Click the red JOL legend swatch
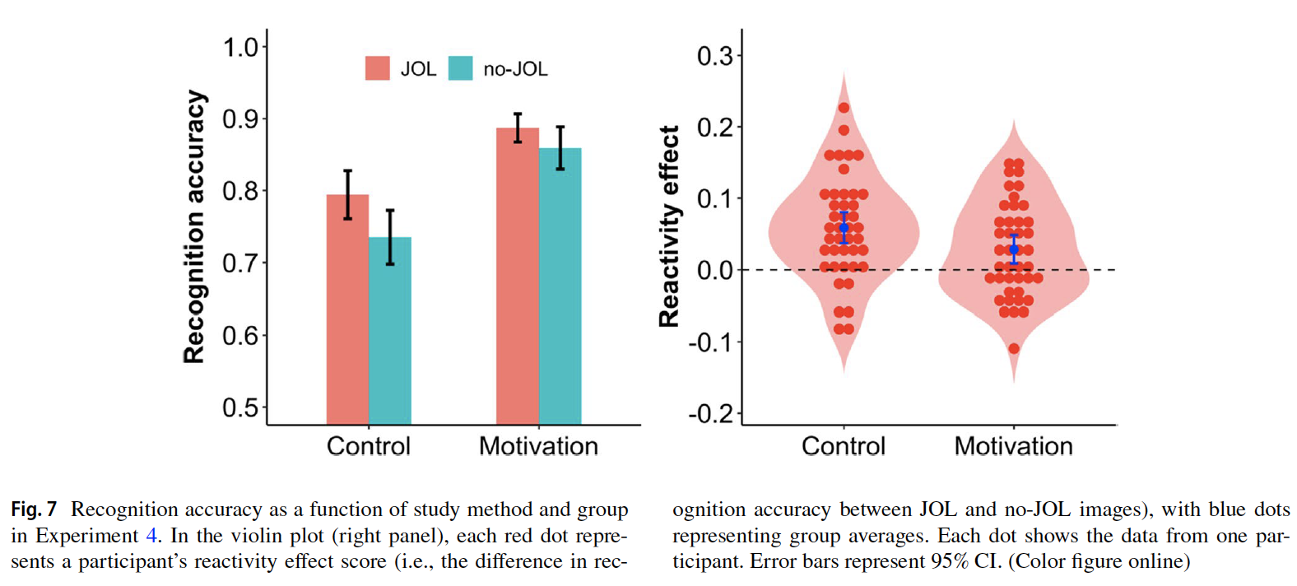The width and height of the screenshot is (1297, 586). click(x=378, y=68)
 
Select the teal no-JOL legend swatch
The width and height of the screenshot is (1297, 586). click(x=461, y=68)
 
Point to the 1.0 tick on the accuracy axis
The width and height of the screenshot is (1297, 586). click(x=240, y=48)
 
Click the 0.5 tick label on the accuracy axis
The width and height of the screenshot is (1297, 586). click(x=240, y=408)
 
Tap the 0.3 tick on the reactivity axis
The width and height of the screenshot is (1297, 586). click(x=714, y=56)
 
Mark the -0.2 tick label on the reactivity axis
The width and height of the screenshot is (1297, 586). click(x=711, y=413)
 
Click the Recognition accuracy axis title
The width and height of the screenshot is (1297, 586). click(x=194, y=226)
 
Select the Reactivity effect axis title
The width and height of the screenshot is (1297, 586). click(x=669, y=226)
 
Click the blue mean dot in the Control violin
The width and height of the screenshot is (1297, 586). click(x=844, y=228)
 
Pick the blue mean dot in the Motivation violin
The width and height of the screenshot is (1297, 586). click(x=1014, y=249)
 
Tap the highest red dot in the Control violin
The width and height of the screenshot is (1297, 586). click(x=844, y=108)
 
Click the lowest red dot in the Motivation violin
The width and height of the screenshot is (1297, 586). click(x=1014, y=349)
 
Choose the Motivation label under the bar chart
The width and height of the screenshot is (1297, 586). click(x=538, y=446)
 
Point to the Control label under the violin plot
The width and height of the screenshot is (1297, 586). click(x=844, y=446)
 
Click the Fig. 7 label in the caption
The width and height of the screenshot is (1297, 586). click(x=34, y=509)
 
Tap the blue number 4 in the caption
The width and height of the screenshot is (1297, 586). click(x=151, y=536)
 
